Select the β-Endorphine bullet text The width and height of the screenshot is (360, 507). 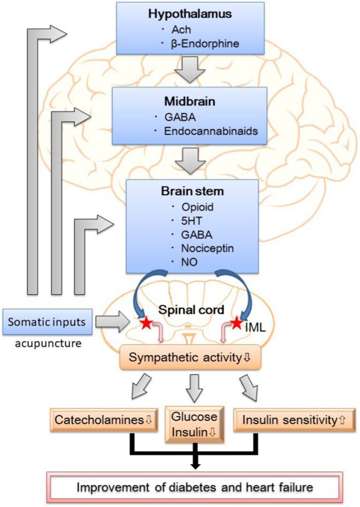(204, 44)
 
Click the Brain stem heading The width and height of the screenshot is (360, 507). (192, 192)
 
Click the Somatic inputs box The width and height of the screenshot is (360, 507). (47, 322)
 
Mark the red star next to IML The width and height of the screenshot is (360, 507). (236, 323)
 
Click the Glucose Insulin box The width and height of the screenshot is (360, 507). (193, 423)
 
